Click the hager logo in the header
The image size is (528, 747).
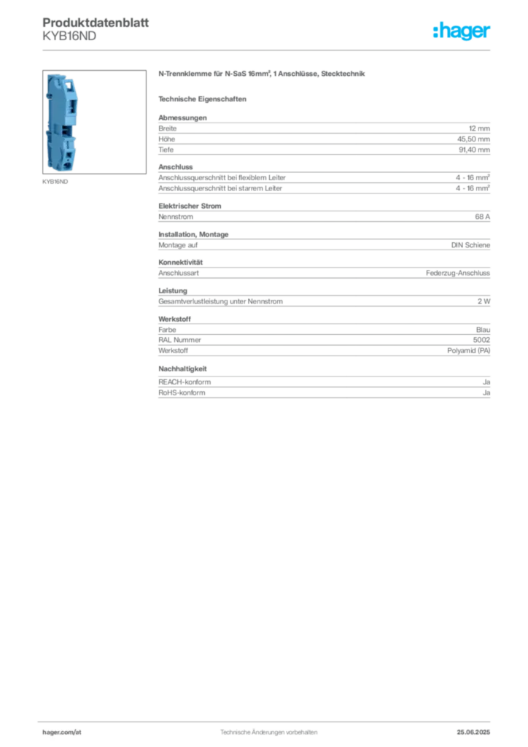tap(462, 31)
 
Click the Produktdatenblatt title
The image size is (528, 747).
tap(96, 23)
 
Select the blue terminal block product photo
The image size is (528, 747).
tap(62, 122)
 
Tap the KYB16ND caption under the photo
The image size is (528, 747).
tap(55, 182)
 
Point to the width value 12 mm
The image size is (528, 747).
tap(479, 128)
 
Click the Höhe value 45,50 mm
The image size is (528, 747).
tap(474, 139)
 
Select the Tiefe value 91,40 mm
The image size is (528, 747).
tap(474, 150)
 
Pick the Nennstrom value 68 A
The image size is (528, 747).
tap(482, 216)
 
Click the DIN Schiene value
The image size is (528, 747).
tap(470, 245)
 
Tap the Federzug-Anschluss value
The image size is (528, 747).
tap(458, 273)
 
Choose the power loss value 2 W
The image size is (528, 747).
tap(484, 301)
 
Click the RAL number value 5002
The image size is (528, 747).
tap(481, 340)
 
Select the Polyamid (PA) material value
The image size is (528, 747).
tap(468, 350)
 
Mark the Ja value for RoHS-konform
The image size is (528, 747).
tap(486, 392)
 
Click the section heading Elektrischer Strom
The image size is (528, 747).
tap(190, 206)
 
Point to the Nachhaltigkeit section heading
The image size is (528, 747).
tap(182, 368)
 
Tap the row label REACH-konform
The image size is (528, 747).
tap(185, 382)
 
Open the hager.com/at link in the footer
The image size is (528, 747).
tap(62, 732)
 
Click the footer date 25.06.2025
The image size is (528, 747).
tap(473, 732)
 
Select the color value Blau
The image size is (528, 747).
tap(483, 330)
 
